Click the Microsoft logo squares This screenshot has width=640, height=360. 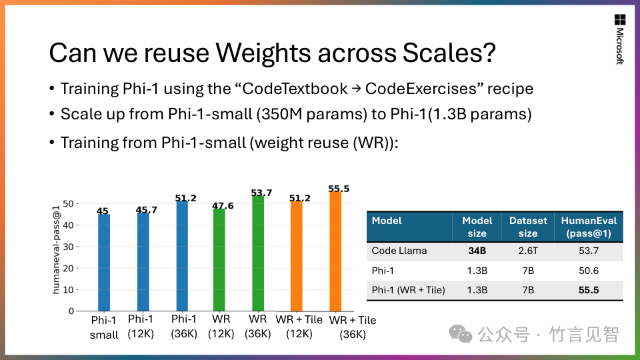619,19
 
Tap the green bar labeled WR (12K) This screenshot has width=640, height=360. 219,259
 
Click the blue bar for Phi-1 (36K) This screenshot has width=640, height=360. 183,256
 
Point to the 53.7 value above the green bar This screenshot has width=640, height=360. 261,193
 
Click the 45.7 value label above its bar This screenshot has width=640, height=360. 146,210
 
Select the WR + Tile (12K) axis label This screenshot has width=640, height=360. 299,326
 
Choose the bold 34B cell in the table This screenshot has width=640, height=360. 477,251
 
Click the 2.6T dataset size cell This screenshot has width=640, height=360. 527,251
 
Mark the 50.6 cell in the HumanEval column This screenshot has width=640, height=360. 589,271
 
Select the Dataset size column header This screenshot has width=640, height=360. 527,227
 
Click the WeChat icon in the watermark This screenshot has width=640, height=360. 459,333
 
